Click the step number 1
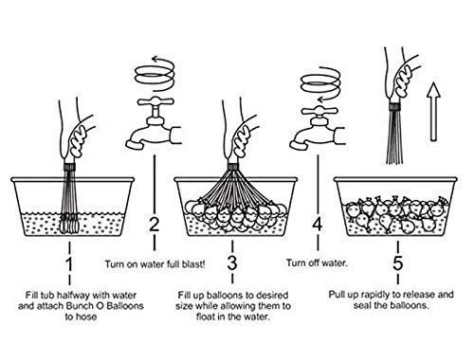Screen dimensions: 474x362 (x=69, y=264)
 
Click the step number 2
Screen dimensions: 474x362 (x=155, y=224)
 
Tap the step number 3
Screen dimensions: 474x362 (x=232, y=262)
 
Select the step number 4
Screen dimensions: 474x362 (x=318, y=224)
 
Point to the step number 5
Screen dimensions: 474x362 (x=398, y=262)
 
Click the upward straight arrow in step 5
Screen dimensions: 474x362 (x=433, y=112)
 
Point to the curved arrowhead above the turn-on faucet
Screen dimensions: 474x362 (x=155, y=59)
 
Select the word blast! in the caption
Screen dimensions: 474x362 (x=193, y=264)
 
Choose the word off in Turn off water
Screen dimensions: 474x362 (x=315, y=262)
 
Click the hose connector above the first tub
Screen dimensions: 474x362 (x=69, y=167)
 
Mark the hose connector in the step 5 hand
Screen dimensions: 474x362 (x=394, y=106)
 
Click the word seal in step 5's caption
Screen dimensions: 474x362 (x=362, y=305)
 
